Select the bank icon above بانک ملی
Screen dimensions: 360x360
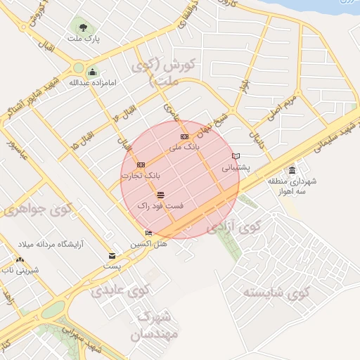tap(184, 136)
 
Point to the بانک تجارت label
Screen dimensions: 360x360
tap(141, 174)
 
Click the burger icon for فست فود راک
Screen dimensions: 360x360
tap(161, 194)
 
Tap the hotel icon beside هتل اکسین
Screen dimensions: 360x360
tap(148, 233)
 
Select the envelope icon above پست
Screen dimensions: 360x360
tap(112, 256)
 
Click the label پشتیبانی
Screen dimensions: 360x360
tap(236, 168)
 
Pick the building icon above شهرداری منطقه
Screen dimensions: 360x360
tap(292, 170)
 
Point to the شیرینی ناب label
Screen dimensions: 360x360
tap(19, 270)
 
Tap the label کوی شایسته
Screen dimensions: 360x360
tap(276, 291)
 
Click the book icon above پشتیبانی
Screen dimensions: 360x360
tap(236, 156)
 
